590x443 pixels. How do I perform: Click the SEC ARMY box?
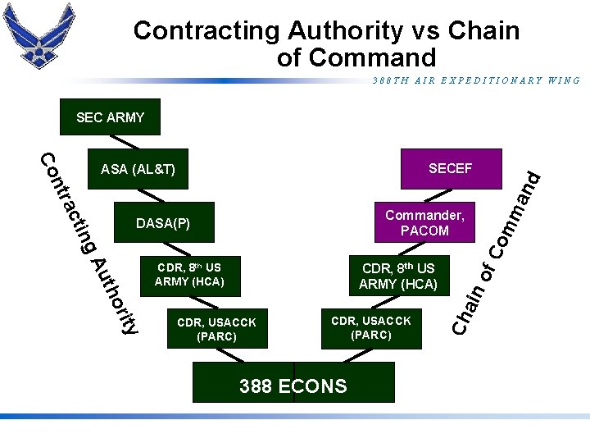click(111, 117)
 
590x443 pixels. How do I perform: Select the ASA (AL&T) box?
click(138, 170)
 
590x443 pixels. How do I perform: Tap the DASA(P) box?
click(163, 223)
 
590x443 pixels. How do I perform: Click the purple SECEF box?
click(450, 169)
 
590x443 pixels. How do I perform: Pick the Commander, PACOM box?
click(424, 222)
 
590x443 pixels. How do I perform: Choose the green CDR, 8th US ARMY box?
click(188, 275)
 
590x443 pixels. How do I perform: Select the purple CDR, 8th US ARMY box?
click(398, 276)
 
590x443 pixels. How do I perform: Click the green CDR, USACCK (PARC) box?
click(216, 329)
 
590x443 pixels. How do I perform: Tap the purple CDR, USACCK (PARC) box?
click(370, 327)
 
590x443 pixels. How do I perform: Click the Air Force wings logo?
click(39, 34)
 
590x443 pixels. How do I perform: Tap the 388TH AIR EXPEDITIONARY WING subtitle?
click(476, 81)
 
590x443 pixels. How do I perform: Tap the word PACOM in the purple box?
click(424, 231)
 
